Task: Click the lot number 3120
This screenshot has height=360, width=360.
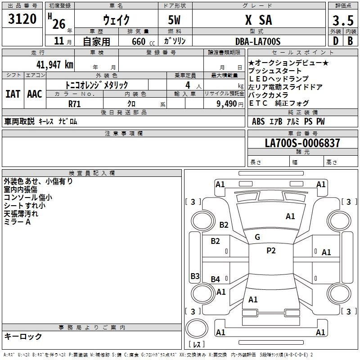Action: coord(22,19)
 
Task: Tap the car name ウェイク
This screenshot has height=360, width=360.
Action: coord(116,20)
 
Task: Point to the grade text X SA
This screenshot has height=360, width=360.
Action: coord(258,20)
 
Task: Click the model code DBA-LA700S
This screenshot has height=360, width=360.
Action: coord(258,41)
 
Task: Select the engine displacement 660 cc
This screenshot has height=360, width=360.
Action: coord(138,42)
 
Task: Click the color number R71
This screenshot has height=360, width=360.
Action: coord(75,103)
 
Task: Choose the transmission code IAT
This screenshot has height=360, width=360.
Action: coord(13,94)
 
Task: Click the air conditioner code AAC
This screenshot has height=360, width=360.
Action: coord(35,94)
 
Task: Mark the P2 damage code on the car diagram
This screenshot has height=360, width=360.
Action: coord(271,251)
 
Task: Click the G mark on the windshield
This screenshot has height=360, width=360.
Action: coord(257,237)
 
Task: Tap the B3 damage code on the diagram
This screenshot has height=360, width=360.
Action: coord(195,276)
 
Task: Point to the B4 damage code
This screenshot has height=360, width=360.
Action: coord(216,279)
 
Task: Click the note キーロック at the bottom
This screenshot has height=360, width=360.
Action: coord(23,336)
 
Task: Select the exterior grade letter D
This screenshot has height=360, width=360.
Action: coord(335,41)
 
